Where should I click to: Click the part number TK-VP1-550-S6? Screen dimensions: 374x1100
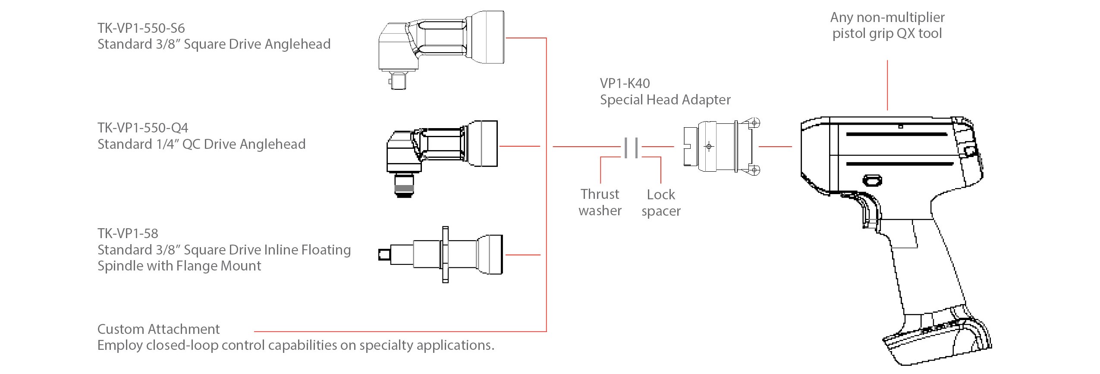point(141,28)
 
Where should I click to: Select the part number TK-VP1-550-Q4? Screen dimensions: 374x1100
point(143,128)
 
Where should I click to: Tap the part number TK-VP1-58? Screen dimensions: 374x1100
point(128,234)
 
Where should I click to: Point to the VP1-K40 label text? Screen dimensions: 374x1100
point(625,84)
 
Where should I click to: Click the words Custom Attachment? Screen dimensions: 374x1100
point(158,330)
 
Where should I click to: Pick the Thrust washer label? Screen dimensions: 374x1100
point(600,202)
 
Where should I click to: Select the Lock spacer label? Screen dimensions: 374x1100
point(661,203)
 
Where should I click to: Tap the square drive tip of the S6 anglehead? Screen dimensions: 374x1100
point(398,81)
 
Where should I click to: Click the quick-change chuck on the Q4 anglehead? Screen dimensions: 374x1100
point(404,186)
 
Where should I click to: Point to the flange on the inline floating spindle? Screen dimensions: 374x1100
point(446,255)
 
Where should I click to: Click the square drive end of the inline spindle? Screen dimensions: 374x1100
point(383,255)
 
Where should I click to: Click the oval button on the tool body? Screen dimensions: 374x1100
point(872,180)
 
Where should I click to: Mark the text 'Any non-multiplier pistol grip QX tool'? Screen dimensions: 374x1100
point(887,25)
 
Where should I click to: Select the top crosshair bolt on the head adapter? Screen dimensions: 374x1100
point(754,123)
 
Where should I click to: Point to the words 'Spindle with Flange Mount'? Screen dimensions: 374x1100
point(179,266)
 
